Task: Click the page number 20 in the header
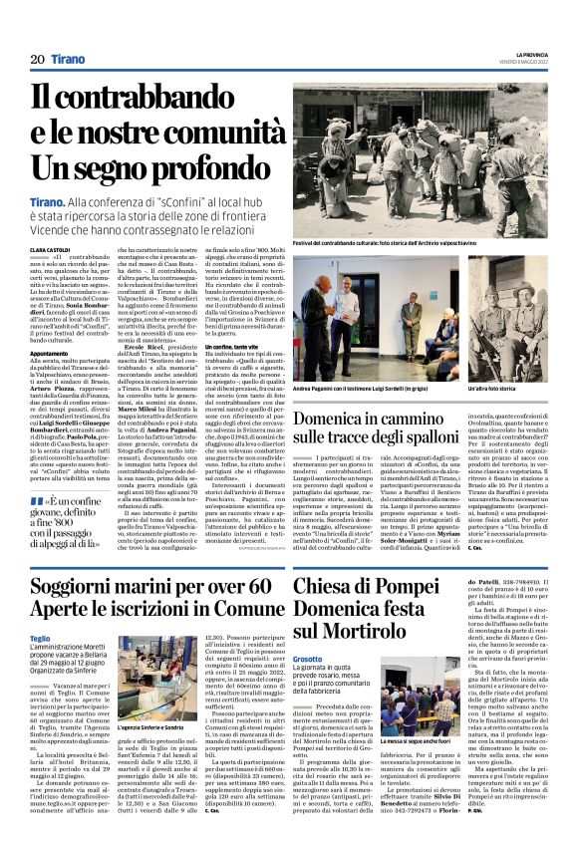pyautogui.click(x=37, y=60)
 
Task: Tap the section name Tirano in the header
pyautogui.click(x=68, y=60)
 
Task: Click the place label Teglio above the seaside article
pyautogui.click(x=40, y=638)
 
